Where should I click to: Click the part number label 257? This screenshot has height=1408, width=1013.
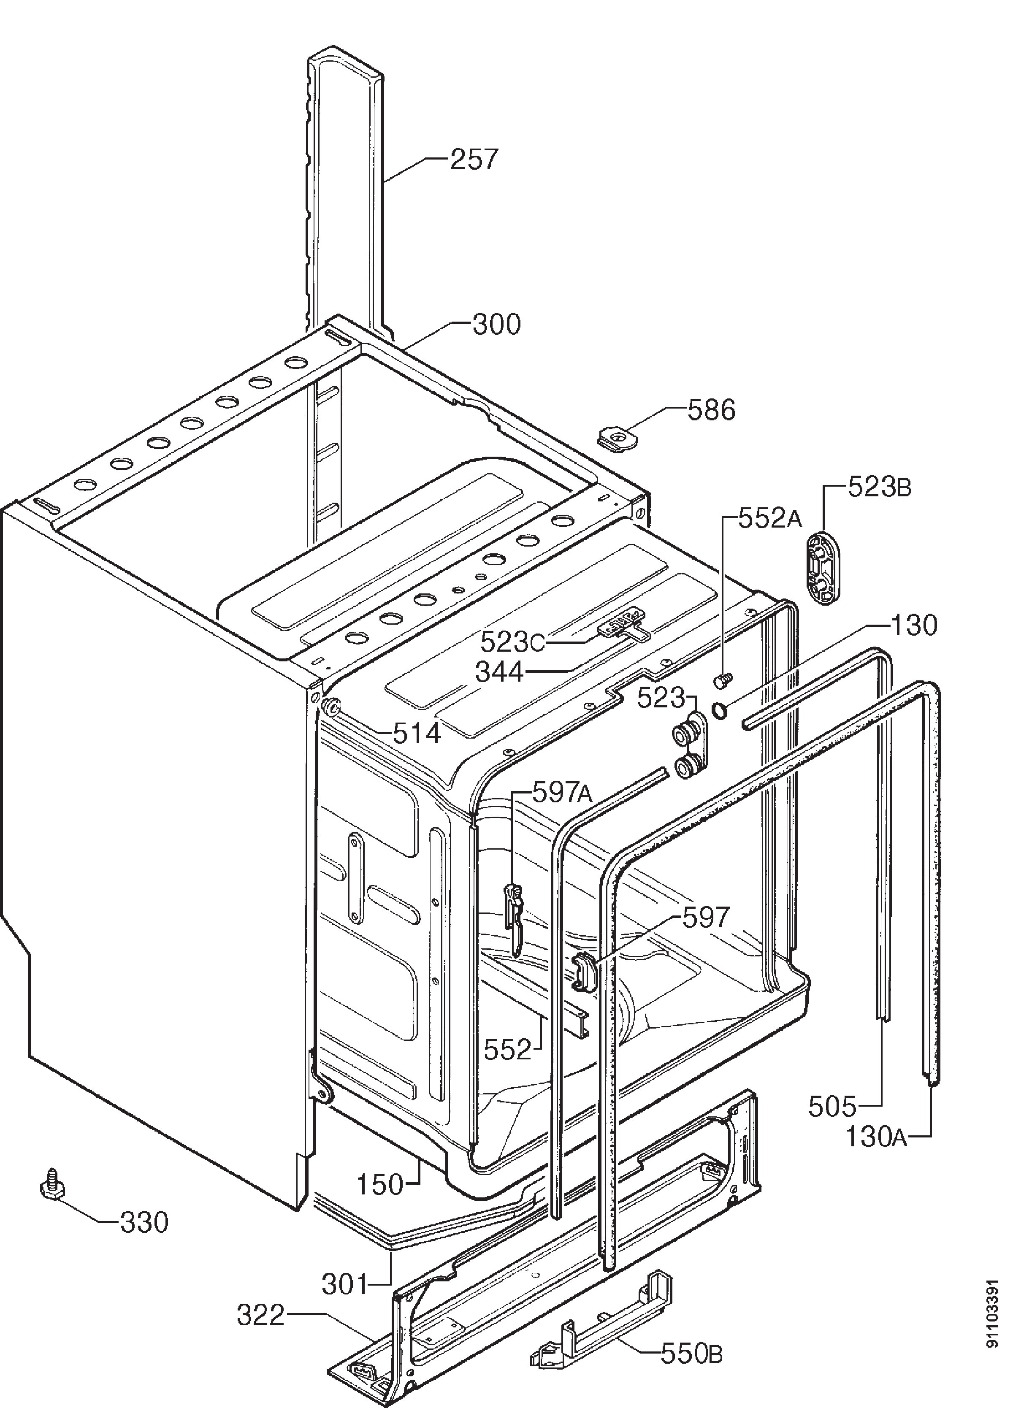tap(474, 160)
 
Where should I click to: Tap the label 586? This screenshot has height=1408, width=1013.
tap(711, 410)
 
